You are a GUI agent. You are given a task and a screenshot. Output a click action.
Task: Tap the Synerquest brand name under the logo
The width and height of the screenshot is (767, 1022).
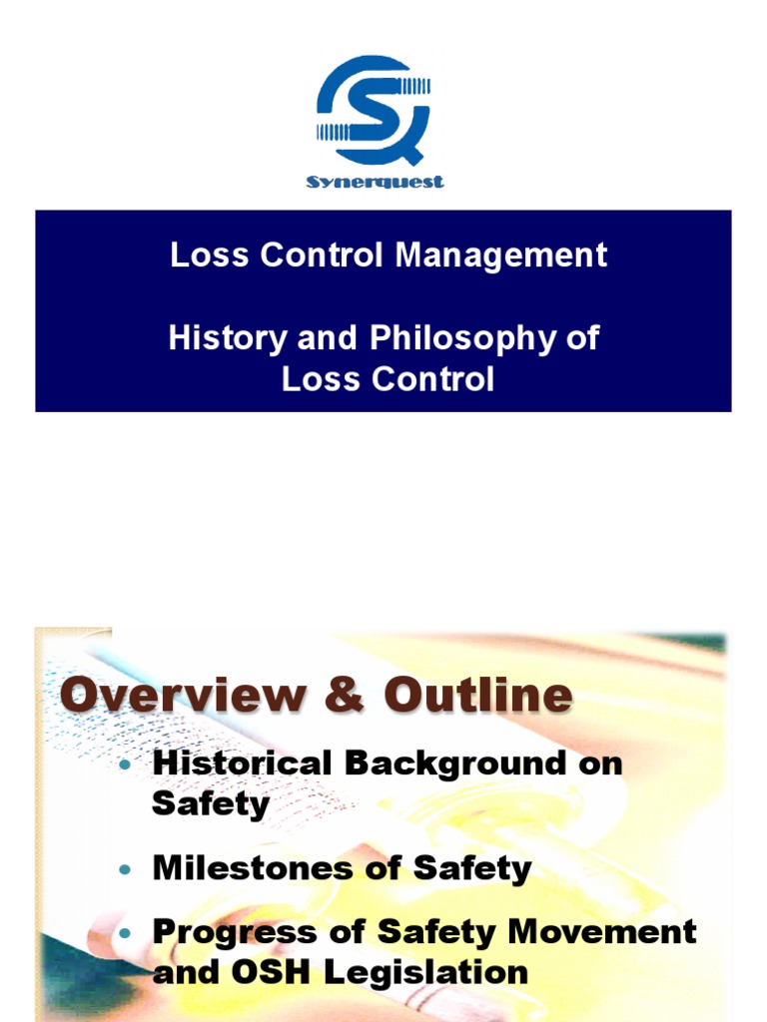tap(375, 182)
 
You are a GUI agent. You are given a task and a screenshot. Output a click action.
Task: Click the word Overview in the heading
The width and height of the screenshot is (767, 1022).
tap(178, 696)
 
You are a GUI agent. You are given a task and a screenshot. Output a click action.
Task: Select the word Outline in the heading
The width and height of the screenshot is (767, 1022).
tap(466, 696)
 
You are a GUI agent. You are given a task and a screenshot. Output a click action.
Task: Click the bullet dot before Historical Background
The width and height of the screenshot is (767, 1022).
tap(124, 766)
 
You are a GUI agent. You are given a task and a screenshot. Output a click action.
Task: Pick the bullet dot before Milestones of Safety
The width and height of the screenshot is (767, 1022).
tap(124, 869)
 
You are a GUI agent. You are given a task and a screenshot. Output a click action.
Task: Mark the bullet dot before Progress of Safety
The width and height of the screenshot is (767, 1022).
tap(124, 934)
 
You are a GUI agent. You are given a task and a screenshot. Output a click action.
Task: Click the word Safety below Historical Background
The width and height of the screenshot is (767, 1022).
tap(211, 803)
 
